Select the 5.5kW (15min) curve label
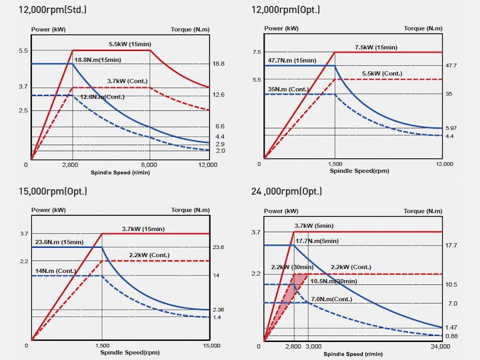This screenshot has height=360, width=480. (x=129, y=44)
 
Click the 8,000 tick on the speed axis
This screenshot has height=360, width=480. (x=149, y=164)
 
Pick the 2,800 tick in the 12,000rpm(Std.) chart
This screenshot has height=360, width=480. (x=72, y=164)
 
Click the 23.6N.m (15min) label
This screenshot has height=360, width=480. (x=59, y=242)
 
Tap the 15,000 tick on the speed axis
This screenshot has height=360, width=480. (x=212, y=346)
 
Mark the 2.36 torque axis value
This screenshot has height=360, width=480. (x=218, y=310)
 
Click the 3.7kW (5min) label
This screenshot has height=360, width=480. (x=314, y=226)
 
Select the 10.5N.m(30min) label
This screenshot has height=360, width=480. (x=334, y=281)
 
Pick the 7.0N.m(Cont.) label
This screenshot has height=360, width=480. (x=331, y=299)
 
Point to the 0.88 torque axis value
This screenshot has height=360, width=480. (x=452, y=336)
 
